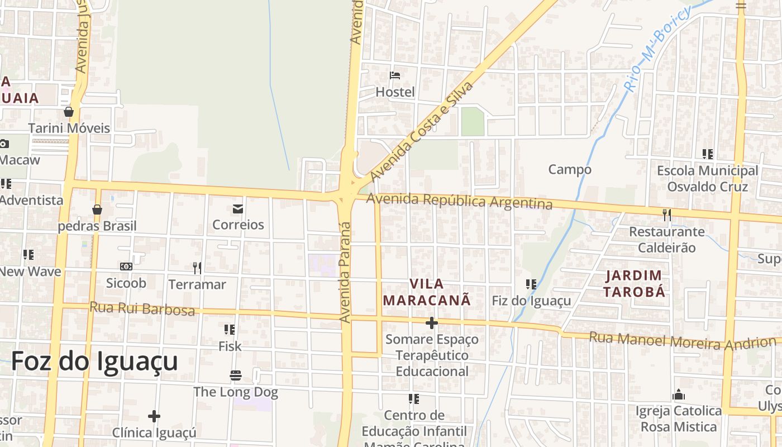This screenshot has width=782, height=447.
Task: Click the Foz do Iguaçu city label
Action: (x=94, y=361)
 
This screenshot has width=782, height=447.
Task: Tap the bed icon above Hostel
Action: (x=395, y=75)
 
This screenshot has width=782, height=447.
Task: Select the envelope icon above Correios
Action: (x=238, y=209)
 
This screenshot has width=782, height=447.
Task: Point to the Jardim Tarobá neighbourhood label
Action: (x=635, y=283)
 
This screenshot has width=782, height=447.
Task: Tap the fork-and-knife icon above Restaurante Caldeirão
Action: (x=666, y=215)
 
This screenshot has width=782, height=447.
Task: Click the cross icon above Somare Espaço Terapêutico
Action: (x=431, y=323)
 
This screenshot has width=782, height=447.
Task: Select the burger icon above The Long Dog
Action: (x=235, y=375)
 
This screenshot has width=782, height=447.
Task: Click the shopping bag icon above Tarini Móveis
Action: (x=69, y=112)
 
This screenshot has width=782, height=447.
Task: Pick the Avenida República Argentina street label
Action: (x=459, y=201)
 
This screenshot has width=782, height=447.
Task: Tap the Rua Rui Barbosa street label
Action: (x=142, y=308)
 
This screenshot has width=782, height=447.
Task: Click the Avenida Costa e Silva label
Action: (x=422, y=131)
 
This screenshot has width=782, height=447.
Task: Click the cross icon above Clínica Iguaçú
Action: (x=154, y=416)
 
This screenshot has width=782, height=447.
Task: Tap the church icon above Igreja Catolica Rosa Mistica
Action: (x=679, y=394)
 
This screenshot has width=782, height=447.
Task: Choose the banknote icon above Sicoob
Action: (x=126, y=267)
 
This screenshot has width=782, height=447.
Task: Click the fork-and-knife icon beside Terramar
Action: (x=197, y=268)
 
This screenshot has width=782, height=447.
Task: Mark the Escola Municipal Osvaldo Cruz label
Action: (x=707, y=178)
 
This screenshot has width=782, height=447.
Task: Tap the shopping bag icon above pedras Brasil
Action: (x=97, y=210)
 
